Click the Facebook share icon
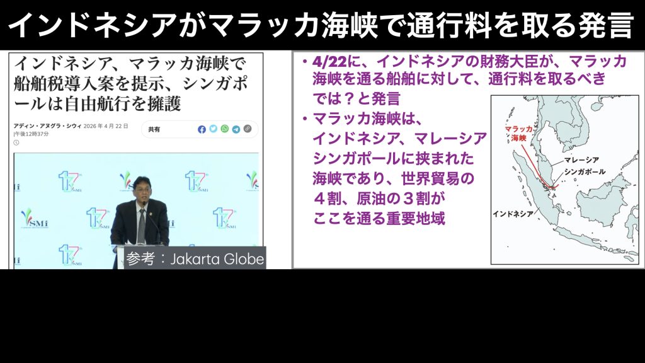tap(202, 129)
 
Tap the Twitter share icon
tap(213, 129)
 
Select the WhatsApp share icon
tap(225, 129)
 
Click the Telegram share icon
tap(236, 129)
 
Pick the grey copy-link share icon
tap(247, 129)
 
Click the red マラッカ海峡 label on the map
tap(519, 134)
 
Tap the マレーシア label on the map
tap(581, 159)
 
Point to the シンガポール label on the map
tap(585, 171)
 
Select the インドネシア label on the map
tap(513, 214)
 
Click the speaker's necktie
tap(142, 226)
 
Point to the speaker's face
tap(140, 190)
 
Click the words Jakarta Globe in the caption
tap(217, 259)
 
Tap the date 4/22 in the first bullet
tap(329, 62)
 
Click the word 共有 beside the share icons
tap(154, 129)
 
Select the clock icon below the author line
tap(16, 142)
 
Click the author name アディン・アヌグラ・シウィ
tap(47, 126)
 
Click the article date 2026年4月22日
tap(106, 126)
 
